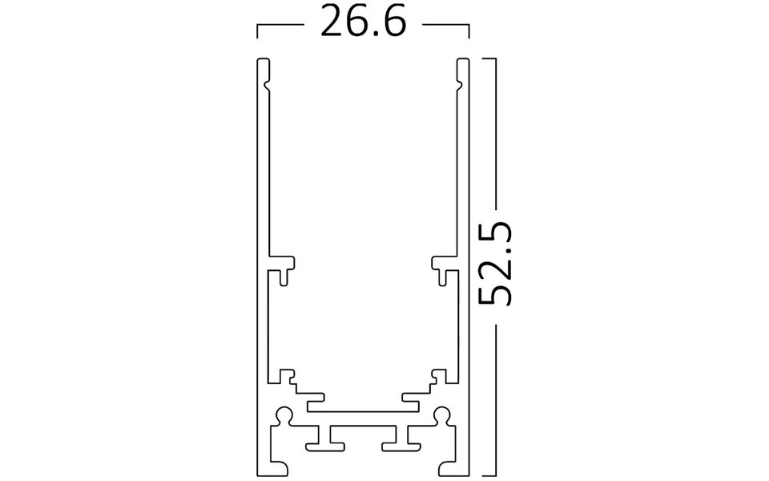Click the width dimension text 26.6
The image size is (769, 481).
click(x=363, y=22)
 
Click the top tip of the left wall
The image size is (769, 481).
click(x=261, y=60)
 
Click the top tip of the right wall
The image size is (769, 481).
click(x=462, y=60)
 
